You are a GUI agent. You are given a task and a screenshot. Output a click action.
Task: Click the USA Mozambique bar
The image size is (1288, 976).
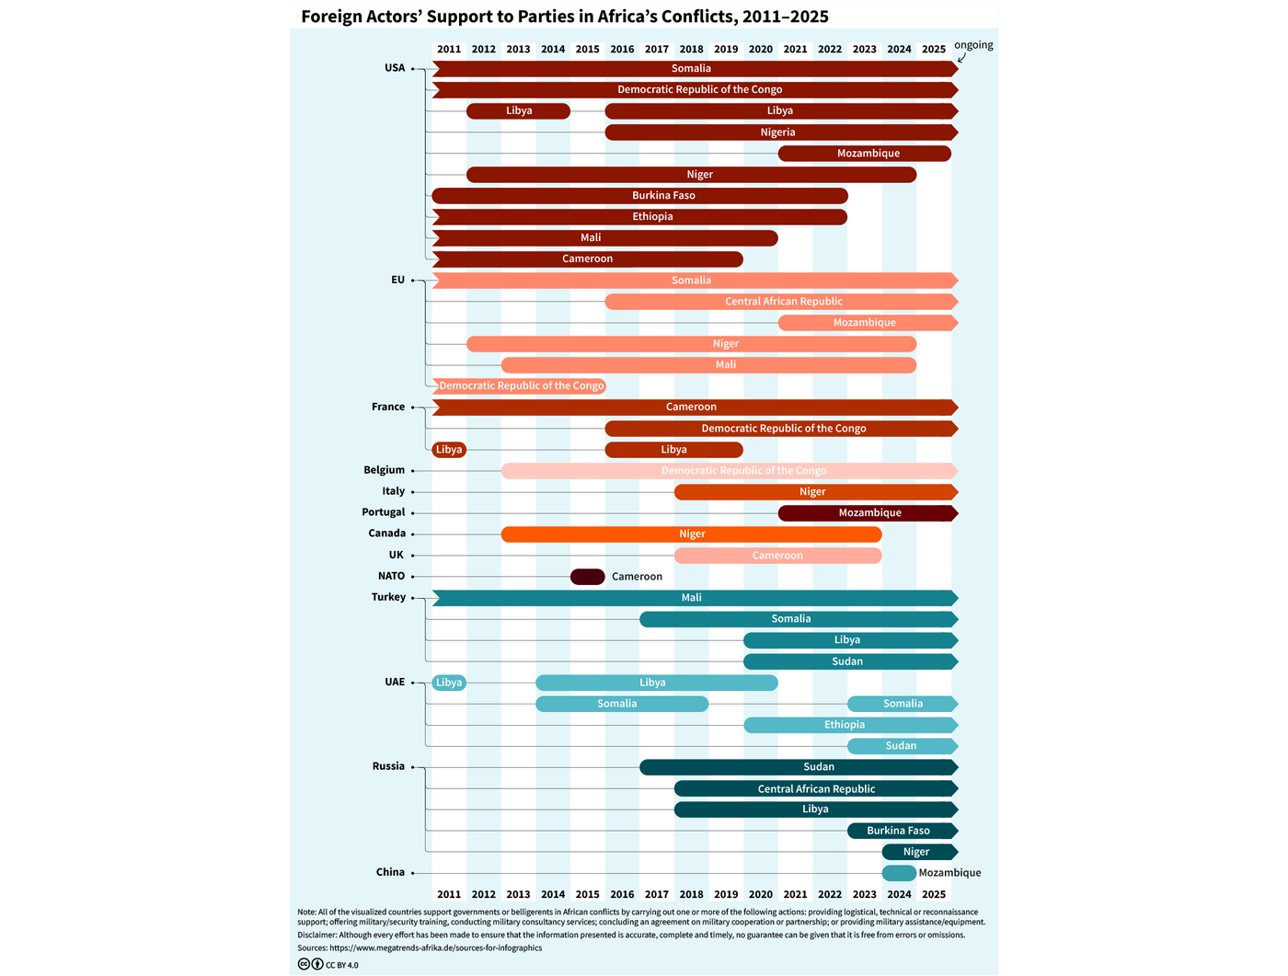865,154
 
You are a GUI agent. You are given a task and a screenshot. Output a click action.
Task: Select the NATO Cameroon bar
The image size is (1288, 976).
587,577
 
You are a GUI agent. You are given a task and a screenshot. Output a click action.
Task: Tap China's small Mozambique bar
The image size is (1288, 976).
899,873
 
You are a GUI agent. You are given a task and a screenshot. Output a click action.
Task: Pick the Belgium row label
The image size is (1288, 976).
384,470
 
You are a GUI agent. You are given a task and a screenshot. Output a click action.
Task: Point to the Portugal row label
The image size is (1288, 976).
383,512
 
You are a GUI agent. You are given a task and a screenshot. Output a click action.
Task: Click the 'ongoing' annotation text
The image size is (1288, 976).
973,45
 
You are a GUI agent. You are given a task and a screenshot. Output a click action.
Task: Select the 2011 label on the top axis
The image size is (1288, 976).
449,50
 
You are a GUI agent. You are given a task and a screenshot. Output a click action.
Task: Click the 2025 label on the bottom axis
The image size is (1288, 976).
933,894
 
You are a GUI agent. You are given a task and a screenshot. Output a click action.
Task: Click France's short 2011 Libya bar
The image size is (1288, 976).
449,450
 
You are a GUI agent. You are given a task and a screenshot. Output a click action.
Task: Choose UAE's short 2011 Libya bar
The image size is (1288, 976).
449,683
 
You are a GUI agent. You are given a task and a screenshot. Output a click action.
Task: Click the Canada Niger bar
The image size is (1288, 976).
691,534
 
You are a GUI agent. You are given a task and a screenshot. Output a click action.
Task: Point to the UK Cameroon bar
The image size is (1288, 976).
777,556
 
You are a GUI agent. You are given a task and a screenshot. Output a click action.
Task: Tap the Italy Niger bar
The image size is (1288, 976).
814,492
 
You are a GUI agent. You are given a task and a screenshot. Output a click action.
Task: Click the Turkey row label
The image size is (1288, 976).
388,597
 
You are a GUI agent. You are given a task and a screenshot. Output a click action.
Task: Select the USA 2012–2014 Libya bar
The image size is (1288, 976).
518,111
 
